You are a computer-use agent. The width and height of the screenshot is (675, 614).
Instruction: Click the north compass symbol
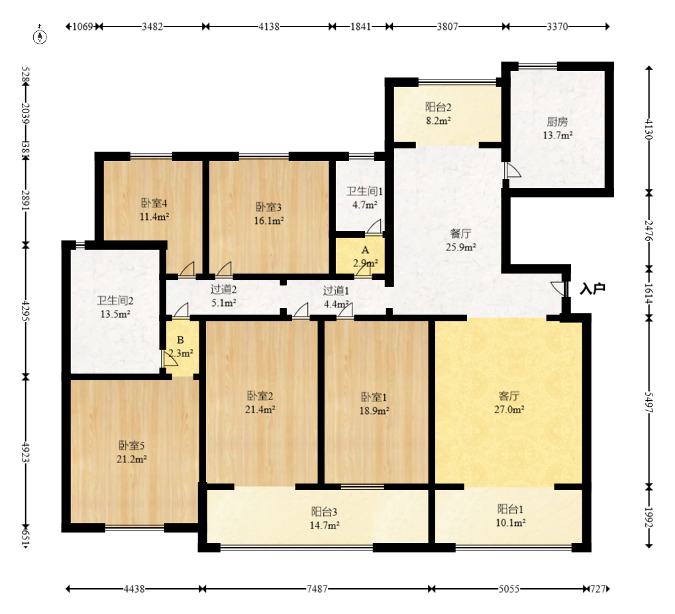tap(40, 36)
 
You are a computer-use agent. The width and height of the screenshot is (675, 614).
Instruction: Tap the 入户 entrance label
tap(593, 289)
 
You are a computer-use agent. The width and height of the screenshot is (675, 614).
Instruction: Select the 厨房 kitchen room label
tap(558, 122)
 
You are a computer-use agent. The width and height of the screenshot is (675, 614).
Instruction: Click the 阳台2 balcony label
tap(439, 107)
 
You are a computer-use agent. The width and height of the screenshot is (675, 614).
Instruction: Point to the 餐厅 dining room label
tap(460, 234)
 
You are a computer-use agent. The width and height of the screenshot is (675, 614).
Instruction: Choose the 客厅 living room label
tap(509, 395)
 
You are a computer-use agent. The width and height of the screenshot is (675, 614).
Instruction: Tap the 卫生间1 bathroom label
tap(364, 191)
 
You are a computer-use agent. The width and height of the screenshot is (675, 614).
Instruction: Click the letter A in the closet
tap(365, 250)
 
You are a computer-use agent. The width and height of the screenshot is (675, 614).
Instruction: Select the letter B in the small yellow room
tap(180, 340)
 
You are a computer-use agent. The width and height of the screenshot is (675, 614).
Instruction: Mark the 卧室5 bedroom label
tap(132, 445)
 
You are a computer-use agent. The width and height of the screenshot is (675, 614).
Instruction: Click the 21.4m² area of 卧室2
tap(260, 409)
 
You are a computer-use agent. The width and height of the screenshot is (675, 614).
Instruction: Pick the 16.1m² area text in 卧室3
tap(269, 221)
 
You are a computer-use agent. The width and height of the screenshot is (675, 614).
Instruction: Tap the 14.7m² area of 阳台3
tap(325, 525)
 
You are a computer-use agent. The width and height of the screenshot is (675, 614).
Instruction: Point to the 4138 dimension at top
tap(269, 26)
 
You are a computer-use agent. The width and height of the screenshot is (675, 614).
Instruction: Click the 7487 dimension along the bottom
tap(317, 589)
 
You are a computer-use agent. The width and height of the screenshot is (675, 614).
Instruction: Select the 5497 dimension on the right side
tap(649, 402)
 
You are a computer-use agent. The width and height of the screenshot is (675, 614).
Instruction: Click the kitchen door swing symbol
tap(513, 170)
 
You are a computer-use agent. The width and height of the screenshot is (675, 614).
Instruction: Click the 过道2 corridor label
tap(223, 289)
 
